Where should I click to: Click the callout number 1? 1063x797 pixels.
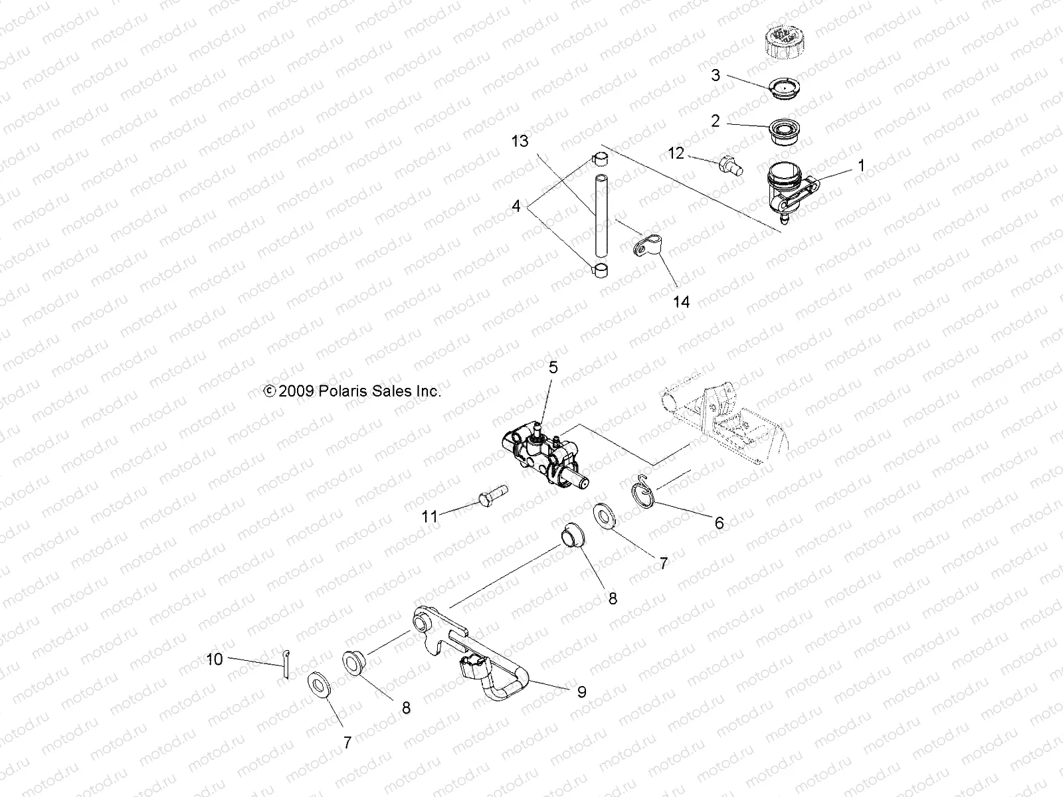[x=862, y=165]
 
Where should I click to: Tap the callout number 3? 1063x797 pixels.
[x=716, y=75]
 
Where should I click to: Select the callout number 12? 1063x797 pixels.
[x=676, y=153]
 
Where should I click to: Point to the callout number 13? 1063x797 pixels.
[x=520, y=141]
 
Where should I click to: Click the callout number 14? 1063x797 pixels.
[x=682, y=302]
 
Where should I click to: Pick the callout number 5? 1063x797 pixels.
[x=553, y=367]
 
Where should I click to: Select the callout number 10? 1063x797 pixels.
[x=215, y=660]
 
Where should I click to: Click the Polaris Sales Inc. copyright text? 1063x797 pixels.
[x=353, y=391]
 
